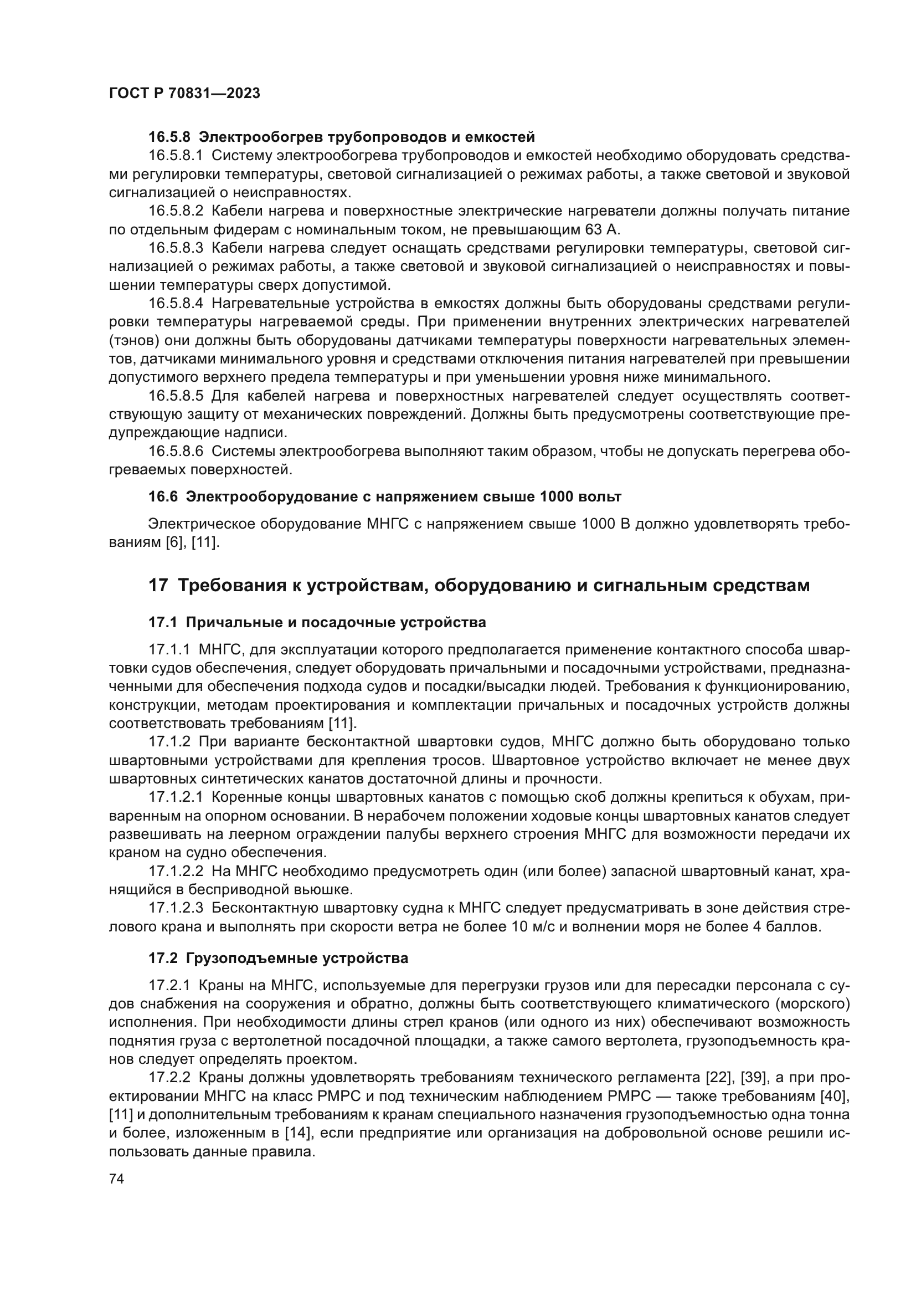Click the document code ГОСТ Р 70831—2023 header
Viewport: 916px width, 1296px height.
pyautogui.click(x=184, y=94)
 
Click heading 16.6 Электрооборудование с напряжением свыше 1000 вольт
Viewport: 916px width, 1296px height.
pyautogui.click(x=385, y=496)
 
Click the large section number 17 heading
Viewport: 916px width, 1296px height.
pyautogui.click(x=158, y=586)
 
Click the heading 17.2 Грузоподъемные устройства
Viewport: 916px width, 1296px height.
pyautogui.click(x=278, y=958)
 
